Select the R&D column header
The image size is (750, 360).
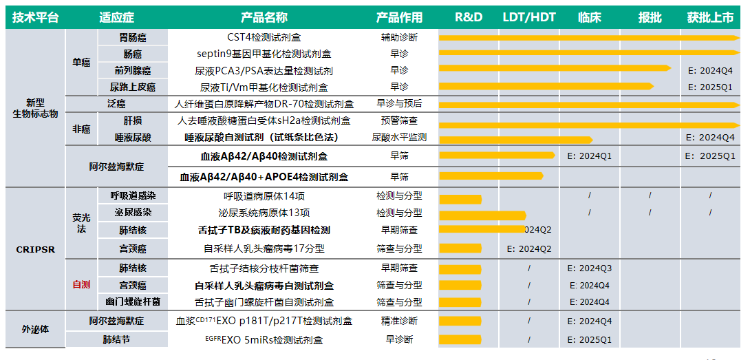[469, 17]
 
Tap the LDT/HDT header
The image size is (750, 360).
[528, 17]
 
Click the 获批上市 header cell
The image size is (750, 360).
[710, 17]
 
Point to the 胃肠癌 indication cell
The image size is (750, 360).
[133, 37]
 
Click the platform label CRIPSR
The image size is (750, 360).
[35, 250]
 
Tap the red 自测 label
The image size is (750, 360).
[81, 284]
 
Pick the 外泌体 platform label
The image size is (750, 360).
[35, 329]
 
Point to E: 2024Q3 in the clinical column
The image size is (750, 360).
[590, 268]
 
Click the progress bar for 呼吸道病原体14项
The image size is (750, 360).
[460, 199]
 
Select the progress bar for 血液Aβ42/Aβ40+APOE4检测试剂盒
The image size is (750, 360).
[491, 176]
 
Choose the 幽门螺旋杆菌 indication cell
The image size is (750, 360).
[133, 301]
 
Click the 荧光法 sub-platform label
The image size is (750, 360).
[81, 222]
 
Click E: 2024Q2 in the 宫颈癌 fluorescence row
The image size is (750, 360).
[529, 248]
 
